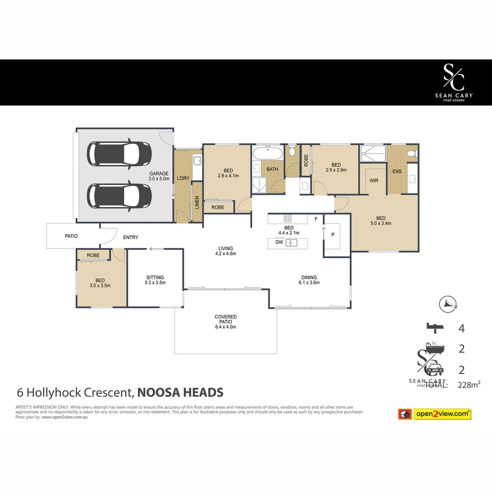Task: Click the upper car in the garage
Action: pyautogui.click(x=119, y=154)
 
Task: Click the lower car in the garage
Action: pyautogui.click(x=119, y=195)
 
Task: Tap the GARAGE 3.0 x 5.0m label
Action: pyautogui.click(x=159, y=176)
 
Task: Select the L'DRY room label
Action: pyautogui.click(x=183, y=178)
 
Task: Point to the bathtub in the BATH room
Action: pyautogui.click(x=268, y=152)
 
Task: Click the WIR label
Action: pyautogui.click(x=374, y=181)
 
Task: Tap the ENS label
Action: pyautogui.click(x=396, y=172)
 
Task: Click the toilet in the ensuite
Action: pyautogui.click(x=411, y=154)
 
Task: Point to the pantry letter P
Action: pyautogui.click(x=333, y=235)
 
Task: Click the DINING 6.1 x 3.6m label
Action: pyautogui.click(x=309, y=280)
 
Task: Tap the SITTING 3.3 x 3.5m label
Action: pyautogui.click(x=155, y=280)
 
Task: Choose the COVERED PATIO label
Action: pyautogui.click(x=225, y=322)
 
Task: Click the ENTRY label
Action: pyautogui.click(x=130, y=237)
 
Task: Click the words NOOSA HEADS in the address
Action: pyautogui.click(x=180, y=392)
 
